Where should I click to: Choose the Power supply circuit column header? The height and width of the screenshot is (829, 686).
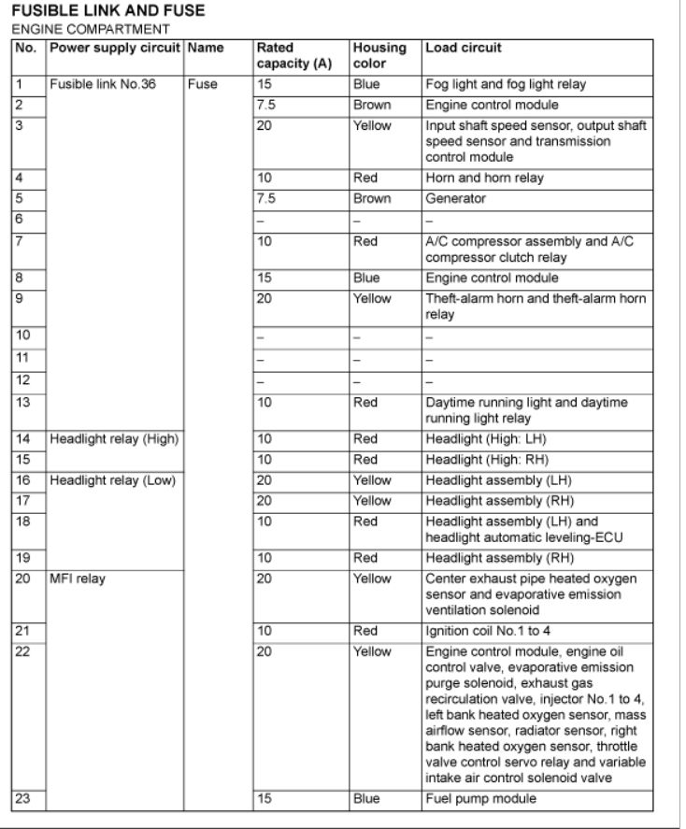pyautogui.click(x=115, y=46)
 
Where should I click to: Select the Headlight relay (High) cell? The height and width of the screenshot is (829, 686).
pyautogui.click(x=103, y=438)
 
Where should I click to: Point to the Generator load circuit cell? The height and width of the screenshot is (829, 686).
pyautogui.click(x=456, y=199)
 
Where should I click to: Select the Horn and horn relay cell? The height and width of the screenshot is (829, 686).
pyautogui.click(x=476, y=177)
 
